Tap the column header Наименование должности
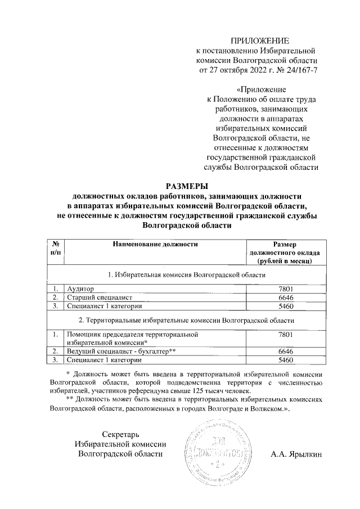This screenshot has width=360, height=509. click(156, 244)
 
